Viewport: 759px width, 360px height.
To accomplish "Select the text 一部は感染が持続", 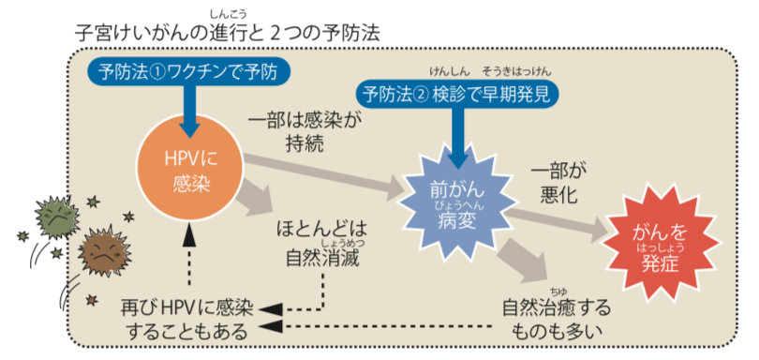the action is pyautogui.click(x=305, y=132).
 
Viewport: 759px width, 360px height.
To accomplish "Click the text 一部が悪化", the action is pyautogui.click(x=558, y=183).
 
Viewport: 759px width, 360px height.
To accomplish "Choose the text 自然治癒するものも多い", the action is pyautogui.click(x=557, y=319).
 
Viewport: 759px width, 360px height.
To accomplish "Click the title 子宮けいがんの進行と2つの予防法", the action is pyautogui.click(x=228, y=34).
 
